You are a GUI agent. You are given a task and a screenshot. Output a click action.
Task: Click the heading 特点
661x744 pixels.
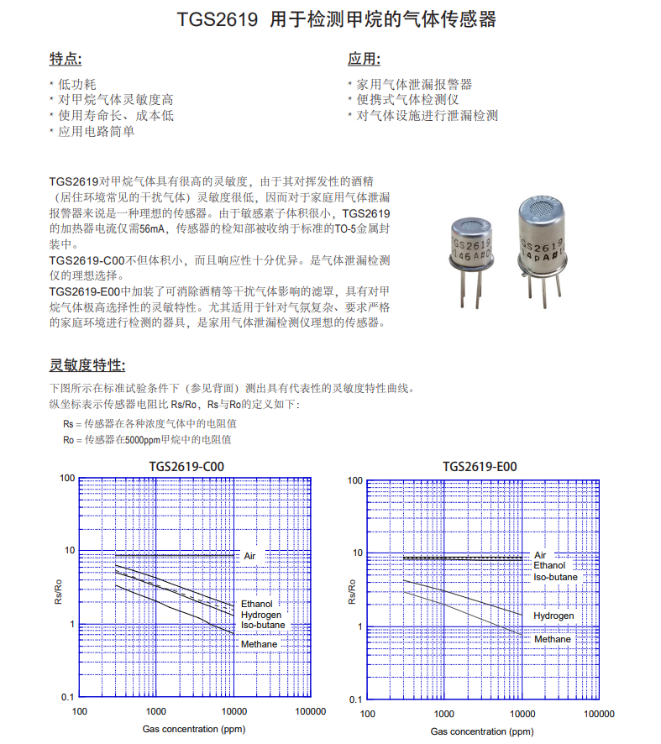click(x=66, y=60)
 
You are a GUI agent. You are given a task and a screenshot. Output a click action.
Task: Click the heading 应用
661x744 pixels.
click(x=364, y=60)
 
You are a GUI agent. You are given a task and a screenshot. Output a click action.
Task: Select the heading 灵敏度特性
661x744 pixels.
click(x=87, y=365)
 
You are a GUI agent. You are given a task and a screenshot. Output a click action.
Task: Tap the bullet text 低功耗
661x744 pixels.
click(x=77, y=84)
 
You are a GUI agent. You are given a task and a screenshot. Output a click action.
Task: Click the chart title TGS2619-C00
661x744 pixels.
click(x=187, y=467)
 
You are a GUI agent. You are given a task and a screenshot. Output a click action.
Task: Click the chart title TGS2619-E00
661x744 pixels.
click(x=480, y=467)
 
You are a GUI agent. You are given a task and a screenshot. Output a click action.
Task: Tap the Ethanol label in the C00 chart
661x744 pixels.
click(x=257, y=604)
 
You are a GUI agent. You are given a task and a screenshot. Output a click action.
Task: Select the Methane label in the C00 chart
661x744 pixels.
click(x=259, y=644)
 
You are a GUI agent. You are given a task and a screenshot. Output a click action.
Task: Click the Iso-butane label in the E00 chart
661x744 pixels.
click(x=555, y=577)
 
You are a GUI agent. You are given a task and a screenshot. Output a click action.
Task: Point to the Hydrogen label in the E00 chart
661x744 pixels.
click(x=553, y=616)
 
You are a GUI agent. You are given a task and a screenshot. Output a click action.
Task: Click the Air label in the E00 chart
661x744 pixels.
click(x=540, y=555)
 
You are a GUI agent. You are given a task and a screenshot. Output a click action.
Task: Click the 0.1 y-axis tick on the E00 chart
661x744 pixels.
click(x=355, y=699)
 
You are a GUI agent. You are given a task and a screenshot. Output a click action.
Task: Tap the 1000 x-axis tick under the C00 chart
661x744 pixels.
click(x=156, y=712)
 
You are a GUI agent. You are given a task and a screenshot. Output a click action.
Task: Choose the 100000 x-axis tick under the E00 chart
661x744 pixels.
click(x=597, y=714)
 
